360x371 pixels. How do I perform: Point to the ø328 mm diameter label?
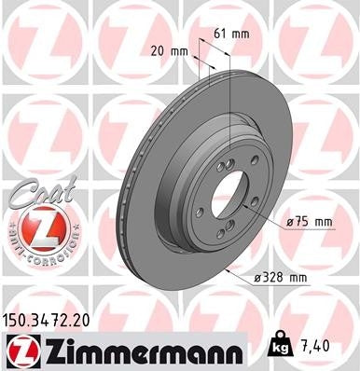284,277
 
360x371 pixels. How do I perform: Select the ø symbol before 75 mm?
291,222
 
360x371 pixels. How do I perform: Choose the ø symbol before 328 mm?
261,277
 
